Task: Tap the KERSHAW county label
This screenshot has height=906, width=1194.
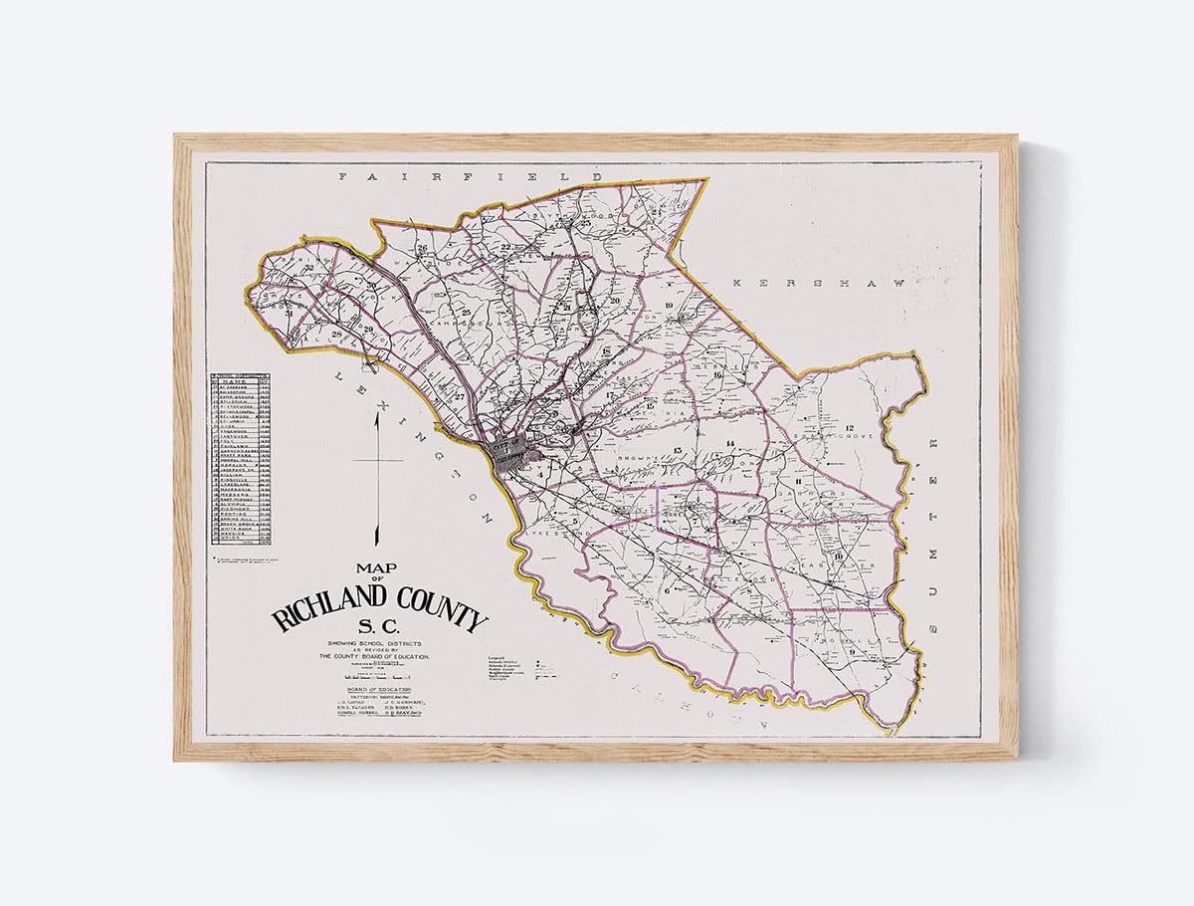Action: [x=819, y=284]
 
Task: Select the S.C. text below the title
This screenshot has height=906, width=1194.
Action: [x=378, y=639]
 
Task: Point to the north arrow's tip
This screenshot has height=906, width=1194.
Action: [x=377, y=416]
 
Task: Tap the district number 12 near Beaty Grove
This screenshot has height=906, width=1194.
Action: [x=851, y=427]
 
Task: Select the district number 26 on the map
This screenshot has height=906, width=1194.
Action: [x=422, y=248]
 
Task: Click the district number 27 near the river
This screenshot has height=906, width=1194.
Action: [x=460, y=397]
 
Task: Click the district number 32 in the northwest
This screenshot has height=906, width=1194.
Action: [x=310, y=267]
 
